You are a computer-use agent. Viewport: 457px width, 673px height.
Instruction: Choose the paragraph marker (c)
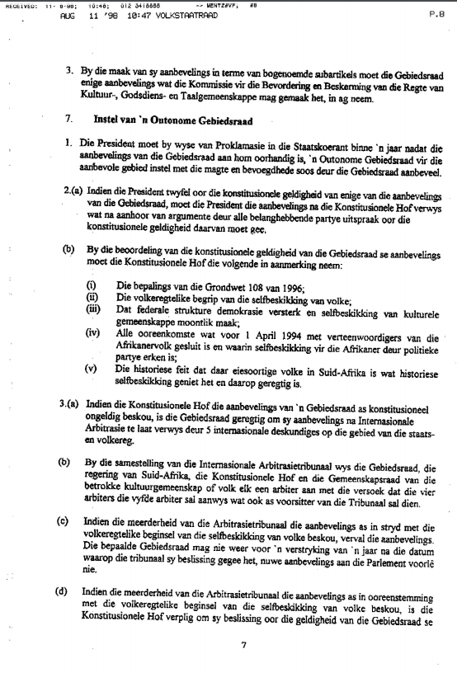click(63, 523)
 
